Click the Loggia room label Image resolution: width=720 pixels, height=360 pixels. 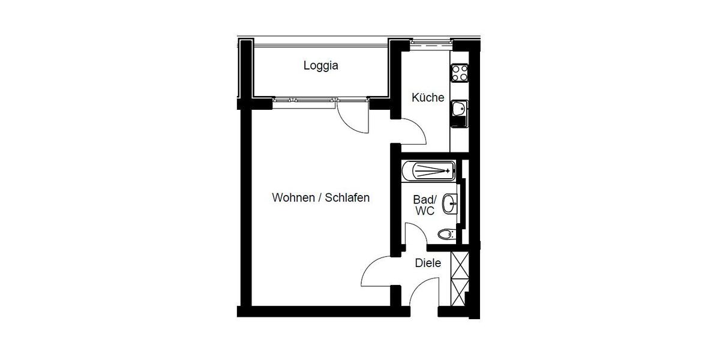coord(320,65)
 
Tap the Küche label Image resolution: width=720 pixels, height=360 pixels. coord(427,97)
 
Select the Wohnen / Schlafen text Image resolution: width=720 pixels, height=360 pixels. coord(320,197)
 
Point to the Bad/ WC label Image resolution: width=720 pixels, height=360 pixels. coord(424,205)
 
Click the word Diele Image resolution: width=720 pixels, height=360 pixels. coord(428,263)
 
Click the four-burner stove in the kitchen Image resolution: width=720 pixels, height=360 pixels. coord(460,73)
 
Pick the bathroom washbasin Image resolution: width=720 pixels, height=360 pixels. coord(450,204)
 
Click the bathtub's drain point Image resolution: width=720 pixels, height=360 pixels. coord(448,170)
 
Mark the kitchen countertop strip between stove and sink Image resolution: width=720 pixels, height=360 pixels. coord(459,91)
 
